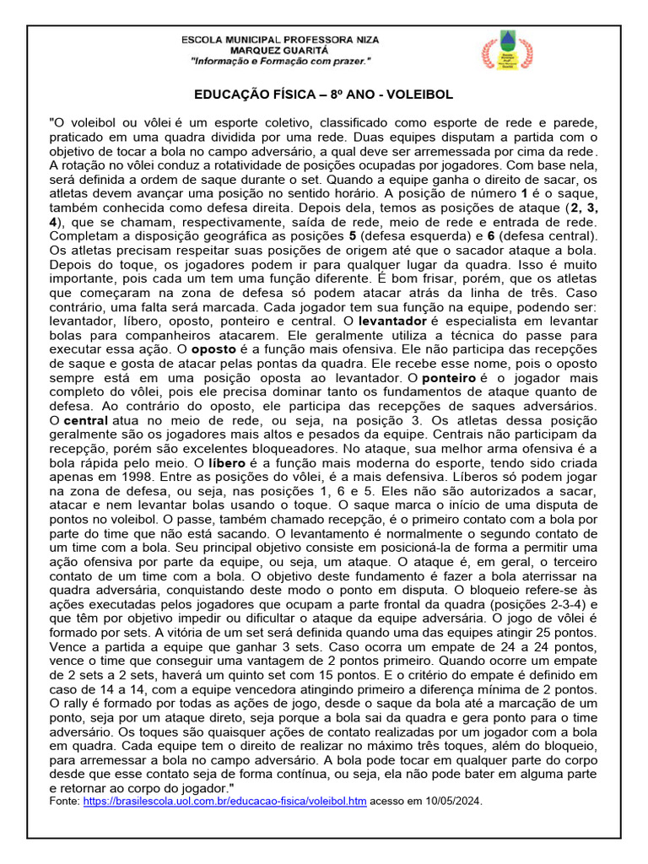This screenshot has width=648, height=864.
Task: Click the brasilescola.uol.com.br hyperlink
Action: click(x=224, y=801)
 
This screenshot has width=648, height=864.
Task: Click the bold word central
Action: click(x=86, y=419)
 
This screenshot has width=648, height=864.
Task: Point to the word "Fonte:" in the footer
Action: click(x=67, y=801)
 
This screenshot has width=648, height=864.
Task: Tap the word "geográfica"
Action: click(x=241, y=235)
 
